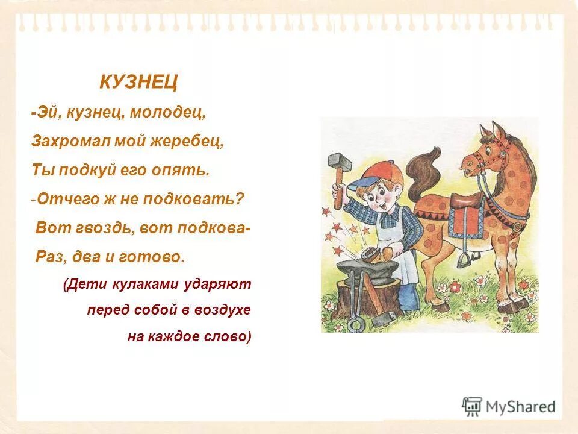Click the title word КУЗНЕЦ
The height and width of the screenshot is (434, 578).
138,82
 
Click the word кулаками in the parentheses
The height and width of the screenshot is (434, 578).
138,283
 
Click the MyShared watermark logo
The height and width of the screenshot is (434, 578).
508,406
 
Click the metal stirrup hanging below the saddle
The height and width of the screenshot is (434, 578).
463,259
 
